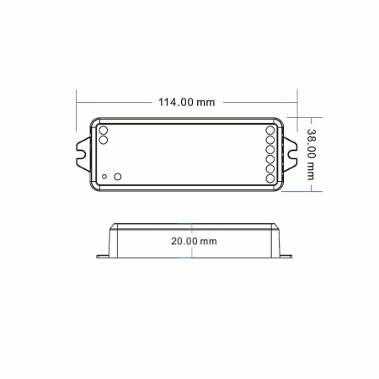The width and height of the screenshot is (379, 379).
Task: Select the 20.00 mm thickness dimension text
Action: (x=193, y=240)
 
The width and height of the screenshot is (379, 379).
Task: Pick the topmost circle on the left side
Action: (x=104, y=131)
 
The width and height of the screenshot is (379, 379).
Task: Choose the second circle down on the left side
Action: (x=104, y=141)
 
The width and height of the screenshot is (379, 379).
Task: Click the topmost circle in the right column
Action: (x=271, y=131)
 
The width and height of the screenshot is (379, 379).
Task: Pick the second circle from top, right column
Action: (x=271, y=141)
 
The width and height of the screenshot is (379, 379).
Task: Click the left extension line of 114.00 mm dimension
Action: (x=77, y=105)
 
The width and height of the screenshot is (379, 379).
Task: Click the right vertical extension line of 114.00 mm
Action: (x=298, y=105)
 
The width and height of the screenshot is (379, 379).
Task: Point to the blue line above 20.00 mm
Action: (x=193, y=229)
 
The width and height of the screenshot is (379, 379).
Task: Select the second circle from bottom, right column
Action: (x=271, y=169)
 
